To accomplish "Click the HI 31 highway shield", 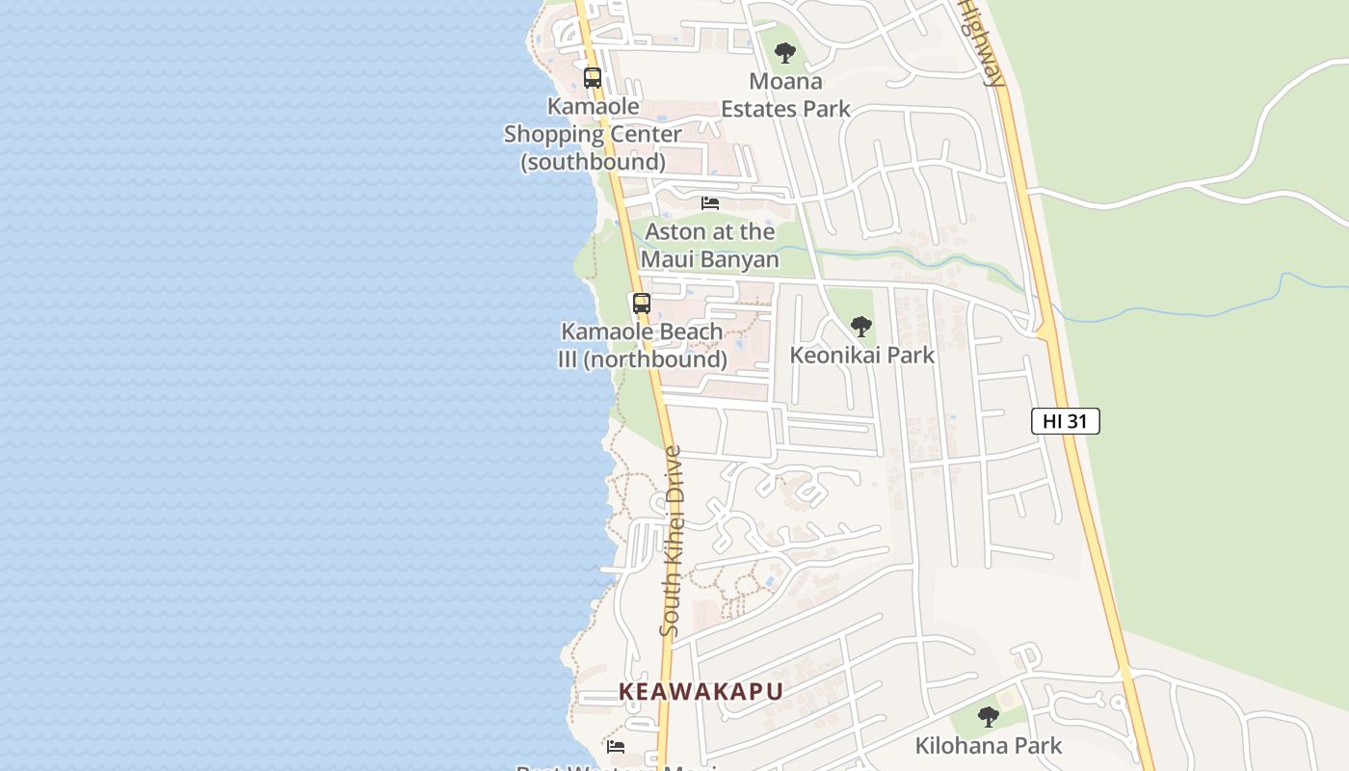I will [1065, 421].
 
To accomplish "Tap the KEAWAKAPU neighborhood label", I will [701, 692].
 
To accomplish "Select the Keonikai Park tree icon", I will [861, 327].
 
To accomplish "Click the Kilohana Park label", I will [988, 745].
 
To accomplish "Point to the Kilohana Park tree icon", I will [988, 717].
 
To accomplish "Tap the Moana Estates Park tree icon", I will [785, 53].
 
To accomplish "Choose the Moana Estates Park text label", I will [785, 94].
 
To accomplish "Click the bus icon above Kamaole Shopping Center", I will [593, 78].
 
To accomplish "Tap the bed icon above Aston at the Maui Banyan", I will [710, 203].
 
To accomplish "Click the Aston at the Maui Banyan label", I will [710, 246].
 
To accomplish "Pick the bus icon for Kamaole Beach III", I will [642, 304].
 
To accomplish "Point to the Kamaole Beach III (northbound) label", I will [643, 345].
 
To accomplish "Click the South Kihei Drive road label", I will [671, 540].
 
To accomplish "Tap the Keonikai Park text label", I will [861, 355].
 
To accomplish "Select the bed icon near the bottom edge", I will [616, 746].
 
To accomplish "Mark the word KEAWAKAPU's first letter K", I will [627, 692].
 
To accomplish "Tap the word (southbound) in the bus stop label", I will [593, 162].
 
